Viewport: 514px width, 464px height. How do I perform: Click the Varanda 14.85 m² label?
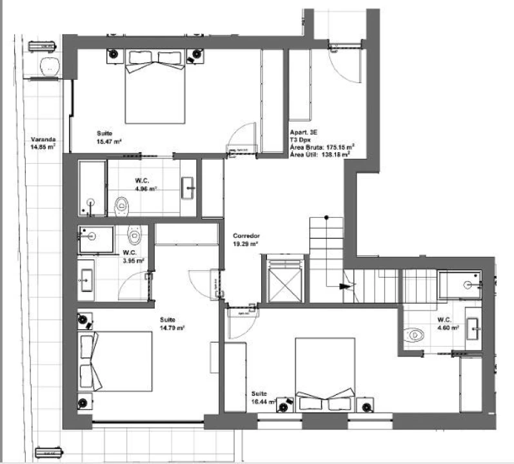coord(43,142)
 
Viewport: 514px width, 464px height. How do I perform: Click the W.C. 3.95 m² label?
coord(133,256)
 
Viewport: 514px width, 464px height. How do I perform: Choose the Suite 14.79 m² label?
coord(172,324)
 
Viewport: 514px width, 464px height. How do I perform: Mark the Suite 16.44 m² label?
coord(264,397)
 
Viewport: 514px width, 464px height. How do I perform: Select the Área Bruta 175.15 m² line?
coord(322,146)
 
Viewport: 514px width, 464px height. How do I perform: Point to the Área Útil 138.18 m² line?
coord(321,155)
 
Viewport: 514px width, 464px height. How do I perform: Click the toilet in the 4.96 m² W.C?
coord(121,207)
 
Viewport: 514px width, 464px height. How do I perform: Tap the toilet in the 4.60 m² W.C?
coord(415,334)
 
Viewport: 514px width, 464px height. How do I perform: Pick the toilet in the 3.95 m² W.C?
coord(133,233)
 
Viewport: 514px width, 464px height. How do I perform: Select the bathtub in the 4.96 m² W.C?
coord(92,188)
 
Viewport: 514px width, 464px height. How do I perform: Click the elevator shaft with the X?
coord(285,279)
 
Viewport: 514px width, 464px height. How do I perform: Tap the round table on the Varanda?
coord(48,66)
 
